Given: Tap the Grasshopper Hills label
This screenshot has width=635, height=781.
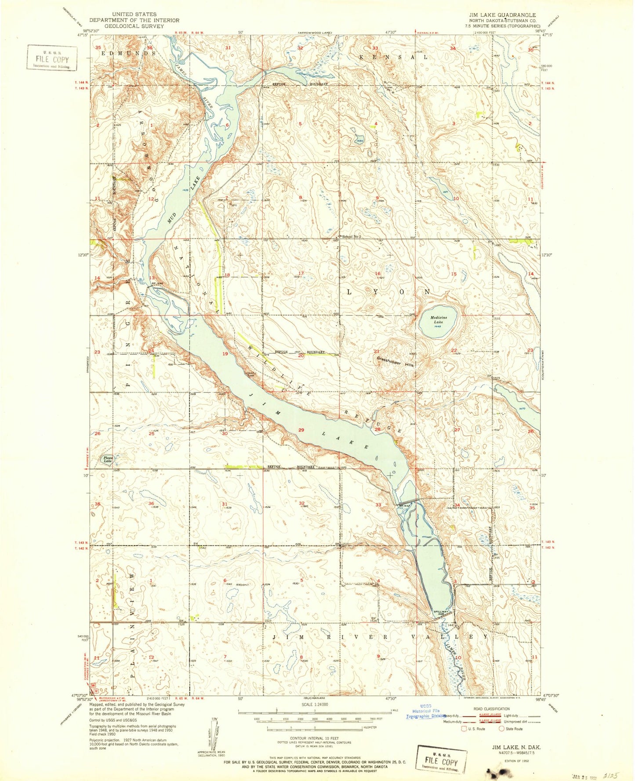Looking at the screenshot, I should coord(395,362).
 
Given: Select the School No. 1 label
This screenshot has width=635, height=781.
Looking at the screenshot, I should coord(352,237).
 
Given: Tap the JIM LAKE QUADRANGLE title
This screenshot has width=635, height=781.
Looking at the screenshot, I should coord(502,15).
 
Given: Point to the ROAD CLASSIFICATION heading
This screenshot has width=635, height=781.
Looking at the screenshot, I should coord(491,708).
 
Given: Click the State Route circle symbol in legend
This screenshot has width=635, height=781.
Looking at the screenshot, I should coord(501,728).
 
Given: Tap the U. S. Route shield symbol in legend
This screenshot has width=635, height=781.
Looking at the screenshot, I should coord(464,728).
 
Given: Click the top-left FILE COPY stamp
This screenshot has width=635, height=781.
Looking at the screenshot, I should coord(52,57).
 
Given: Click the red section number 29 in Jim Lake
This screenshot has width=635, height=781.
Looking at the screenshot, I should coord(301,430).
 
